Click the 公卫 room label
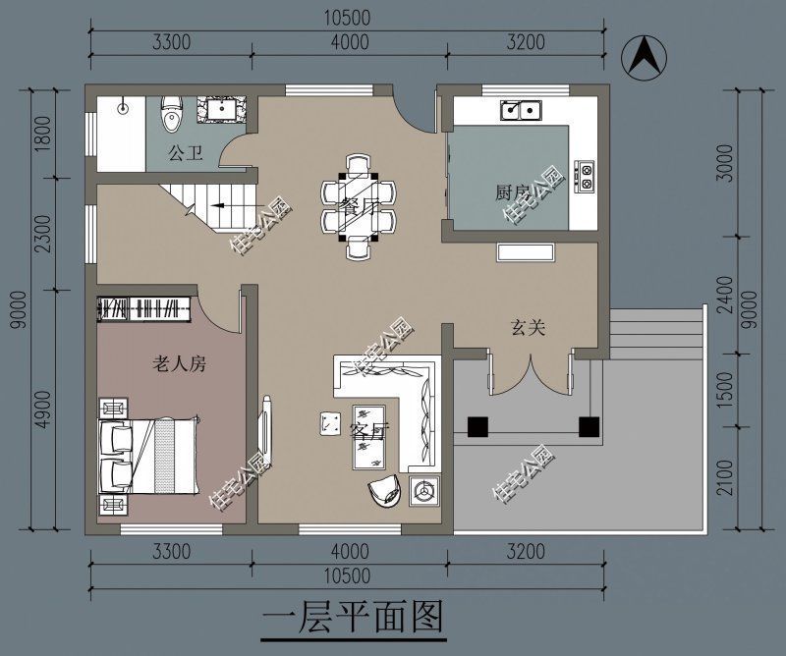pyautogui.click(x=183, y=153)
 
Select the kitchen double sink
pyautogui.click(x=522, y=110)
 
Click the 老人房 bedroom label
pyautogui.click(x=178, y=364)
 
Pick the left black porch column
pyautogui.click(x=477, y=427)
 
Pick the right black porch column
pyautogui.click(x=589, y=427)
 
